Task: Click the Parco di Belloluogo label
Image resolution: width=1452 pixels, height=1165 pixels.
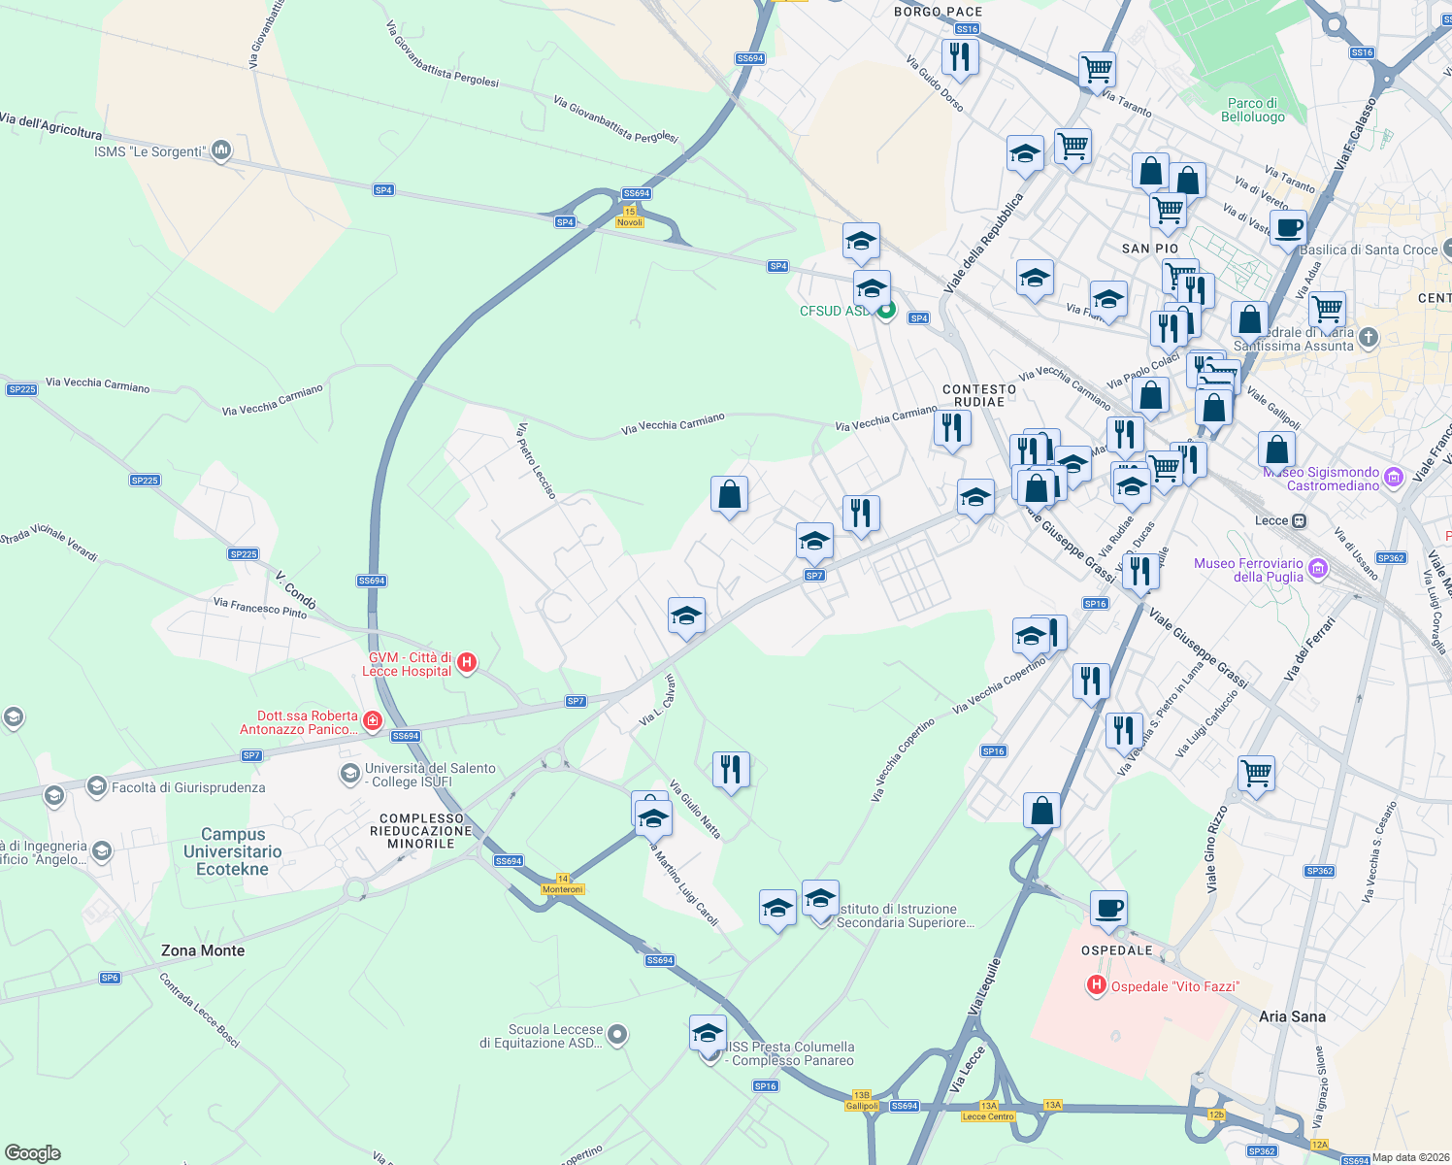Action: coord(1252,110)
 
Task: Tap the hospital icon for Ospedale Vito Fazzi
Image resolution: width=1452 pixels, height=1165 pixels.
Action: coord(1097,985)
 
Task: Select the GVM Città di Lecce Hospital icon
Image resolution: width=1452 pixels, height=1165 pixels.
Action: coord(467,663)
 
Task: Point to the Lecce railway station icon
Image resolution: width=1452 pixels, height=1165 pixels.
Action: coord(1299,520)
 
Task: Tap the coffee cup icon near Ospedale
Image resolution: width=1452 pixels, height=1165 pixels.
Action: coord(1108,910)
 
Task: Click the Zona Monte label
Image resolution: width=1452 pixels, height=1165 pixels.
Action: coord(203,950)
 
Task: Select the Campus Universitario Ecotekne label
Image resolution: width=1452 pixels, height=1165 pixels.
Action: coord(233,851)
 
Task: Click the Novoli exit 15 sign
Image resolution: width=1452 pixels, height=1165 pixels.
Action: coord(630,216)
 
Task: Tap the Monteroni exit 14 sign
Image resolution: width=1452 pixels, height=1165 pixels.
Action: coord(563,884)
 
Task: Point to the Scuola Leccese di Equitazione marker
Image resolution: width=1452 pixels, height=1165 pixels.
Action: coord(616,1035)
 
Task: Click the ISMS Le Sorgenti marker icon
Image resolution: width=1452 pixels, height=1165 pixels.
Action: coord(220,150)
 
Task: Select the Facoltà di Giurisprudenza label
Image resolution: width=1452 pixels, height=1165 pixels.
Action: coord(188,787)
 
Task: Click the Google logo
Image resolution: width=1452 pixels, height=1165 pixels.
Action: coord(33,1152)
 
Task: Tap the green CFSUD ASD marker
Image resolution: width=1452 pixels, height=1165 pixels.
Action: coord(886,311)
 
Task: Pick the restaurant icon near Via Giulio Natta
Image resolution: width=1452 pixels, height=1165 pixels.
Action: coord(730,770)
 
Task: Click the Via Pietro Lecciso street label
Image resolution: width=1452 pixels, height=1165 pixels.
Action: coord(537,460)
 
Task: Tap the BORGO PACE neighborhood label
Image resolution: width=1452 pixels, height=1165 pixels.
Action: coord(938,12)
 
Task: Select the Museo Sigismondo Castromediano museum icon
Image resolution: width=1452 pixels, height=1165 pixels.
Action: coord(1394,477)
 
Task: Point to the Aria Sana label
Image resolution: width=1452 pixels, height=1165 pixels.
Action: coord(1292,1016)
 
